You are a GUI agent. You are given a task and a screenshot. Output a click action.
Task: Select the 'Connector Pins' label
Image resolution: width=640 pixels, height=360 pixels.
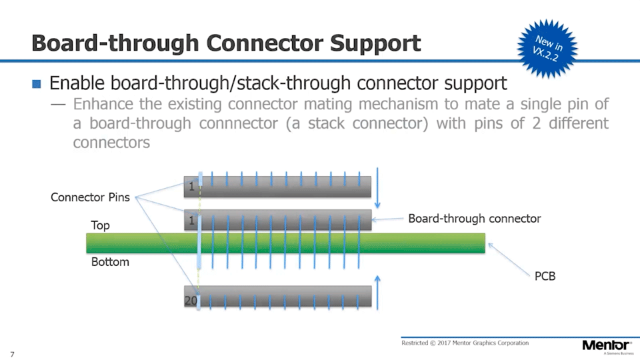pos(91,197)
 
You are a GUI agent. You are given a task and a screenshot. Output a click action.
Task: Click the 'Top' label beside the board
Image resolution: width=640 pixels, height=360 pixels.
pos(100,226)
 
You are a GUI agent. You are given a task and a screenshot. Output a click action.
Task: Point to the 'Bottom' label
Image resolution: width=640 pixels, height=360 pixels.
pos(110,262)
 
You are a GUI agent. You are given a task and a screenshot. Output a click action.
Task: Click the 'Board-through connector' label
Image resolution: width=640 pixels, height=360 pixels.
pos(474,219)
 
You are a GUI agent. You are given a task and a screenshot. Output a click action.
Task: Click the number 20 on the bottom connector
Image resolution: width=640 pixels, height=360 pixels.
pos(191,301)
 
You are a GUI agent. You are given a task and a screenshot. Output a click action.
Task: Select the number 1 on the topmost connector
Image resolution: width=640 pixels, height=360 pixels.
pos(191,187)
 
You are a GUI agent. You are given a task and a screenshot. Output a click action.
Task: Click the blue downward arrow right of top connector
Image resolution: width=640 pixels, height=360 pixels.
pos(378,186)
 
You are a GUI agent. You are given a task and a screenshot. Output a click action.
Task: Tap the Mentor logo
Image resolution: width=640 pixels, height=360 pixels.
pos(606,345)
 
